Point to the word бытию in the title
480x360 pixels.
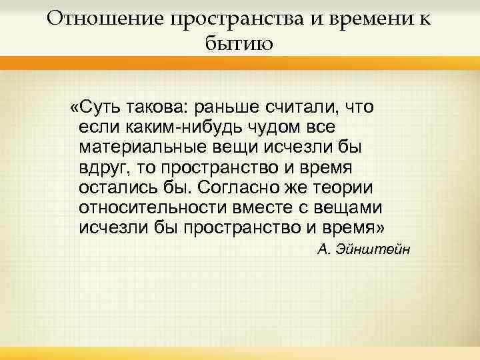point(239,44)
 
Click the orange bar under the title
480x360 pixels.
point(240,63)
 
